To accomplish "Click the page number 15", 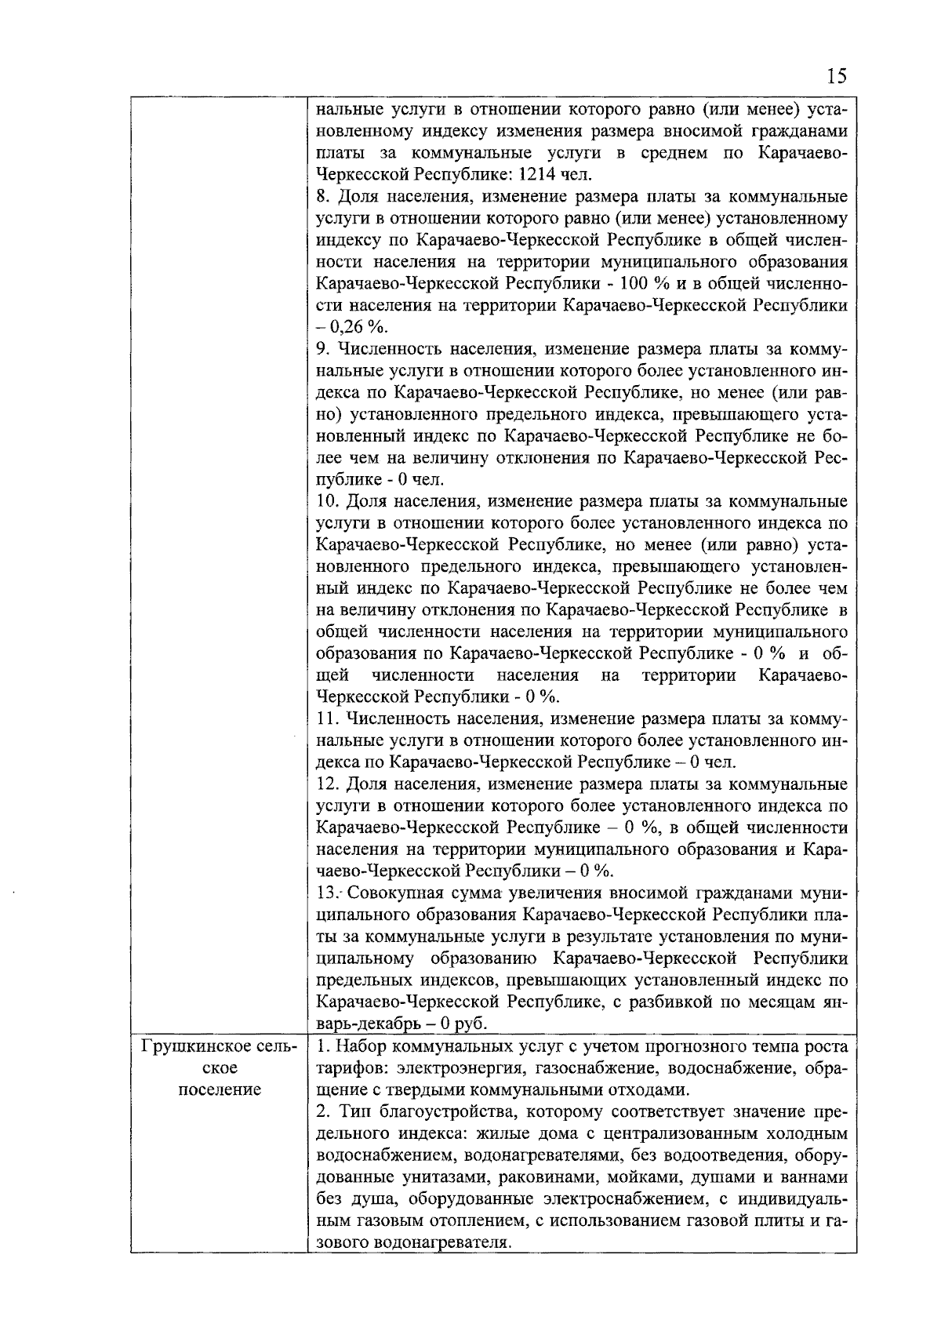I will pos(837,76).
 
